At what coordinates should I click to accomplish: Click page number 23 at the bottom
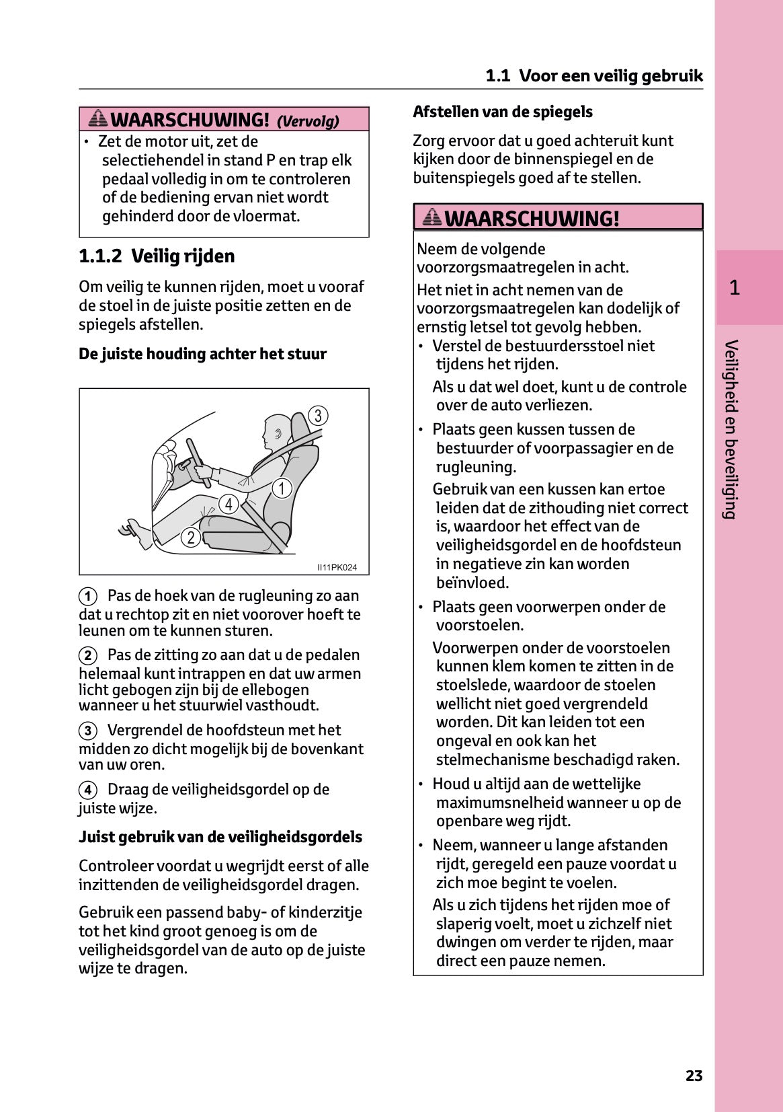point(694,1076)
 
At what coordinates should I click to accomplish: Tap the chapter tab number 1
point(735,288)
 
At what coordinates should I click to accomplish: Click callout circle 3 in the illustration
point(318,416)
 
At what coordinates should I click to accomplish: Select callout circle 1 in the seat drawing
point(282,488)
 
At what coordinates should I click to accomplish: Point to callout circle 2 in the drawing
point(191,537)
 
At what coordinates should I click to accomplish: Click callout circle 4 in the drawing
point(229,504)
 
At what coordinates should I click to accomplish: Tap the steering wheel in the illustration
point(199,462)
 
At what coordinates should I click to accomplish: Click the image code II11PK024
point(337,567)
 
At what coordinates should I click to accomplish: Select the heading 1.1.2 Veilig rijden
point(157,256)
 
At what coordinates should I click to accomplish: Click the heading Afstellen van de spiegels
point(503,112)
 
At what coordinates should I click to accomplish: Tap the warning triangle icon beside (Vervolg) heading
point(98,119)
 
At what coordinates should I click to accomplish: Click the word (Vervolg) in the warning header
point(308,121)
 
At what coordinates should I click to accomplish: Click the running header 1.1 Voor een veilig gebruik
point(594,75)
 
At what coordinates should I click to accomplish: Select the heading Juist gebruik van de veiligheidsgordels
point(220,837)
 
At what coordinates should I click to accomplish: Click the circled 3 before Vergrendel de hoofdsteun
point(88,731)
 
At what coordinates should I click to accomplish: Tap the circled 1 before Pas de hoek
point(88,596)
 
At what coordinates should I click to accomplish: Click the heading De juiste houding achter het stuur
point(202,354)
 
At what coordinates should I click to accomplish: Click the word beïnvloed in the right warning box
point(472,583)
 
